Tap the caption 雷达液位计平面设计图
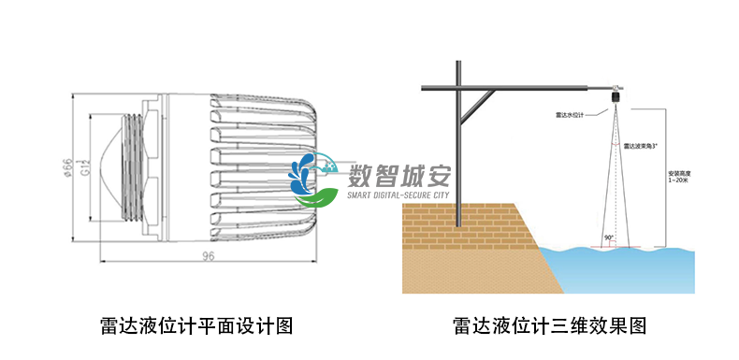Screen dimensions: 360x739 coord(196,325)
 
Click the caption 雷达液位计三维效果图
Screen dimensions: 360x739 coord(549,325)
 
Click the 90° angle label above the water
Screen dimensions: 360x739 coord(610,238)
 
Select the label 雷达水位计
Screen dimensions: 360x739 coord(570,115)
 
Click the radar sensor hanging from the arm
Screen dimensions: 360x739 coord(616,94)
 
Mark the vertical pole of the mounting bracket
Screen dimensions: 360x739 coord(458,140)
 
